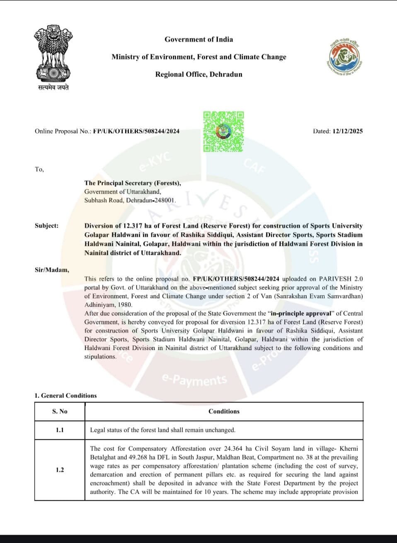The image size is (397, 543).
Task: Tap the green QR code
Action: tap(223, 131)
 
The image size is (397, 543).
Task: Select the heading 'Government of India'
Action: tap(198, 39)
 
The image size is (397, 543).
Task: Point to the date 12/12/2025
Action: tap(347, 131)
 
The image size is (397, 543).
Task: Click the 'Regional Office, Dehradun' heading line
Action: tap(198, 75)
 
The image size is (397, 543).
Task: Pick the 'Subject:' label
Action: tap(46, 226)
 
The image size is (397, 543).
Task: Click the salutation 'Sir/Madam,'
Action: tap(52, 270)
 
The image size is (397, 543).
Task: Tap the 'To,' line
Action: tap(39, 169)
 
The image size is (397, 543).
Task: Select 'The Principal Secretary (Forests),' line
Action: tap(133, 183)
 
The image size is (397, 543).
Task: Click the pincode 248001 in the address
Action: tap(165, 200)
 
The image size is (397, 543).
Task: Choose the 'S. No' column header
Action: tap(60, 412)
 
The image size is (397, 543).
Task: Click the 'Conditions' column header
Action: tap(224, 412)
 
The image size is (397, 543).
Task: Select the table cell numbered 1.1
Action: tap(60, 430)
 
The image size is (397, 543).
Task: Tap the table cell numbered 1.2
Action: tap(60, 470)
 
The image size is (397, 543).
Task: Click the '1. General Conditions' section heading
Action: tap(65, 396)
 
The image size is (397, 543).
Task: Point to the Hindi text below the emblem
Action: tap(53, 88)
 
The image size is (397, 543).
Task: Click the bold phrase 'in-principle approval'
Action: tap(301, 314)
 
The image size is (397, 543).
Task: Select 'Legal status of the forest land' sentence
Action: tap(162, 430)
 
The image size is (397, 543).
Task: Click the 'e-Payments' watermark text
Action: tap(194, 380)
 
